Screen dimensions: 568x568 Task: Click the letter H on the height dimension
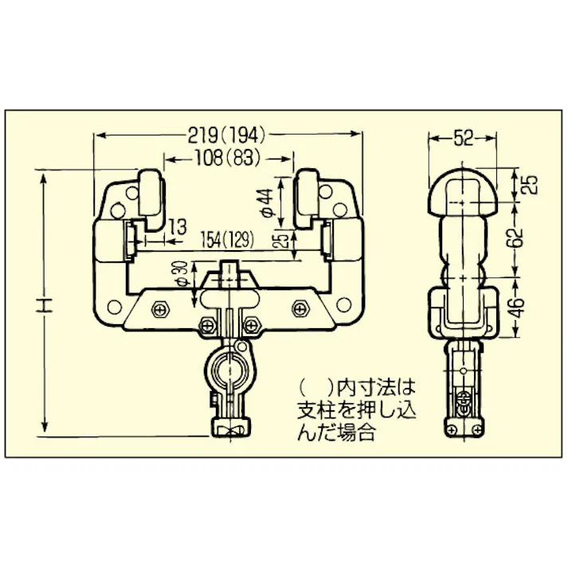tap(45, 304)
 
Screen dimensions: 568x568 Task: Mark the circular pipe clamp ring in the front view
tap(231, 369)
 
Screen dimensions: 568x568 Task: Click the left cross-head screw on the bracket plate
tap(162, 308)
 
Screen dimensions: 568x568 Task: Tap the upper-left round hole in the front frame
tap(119, 210)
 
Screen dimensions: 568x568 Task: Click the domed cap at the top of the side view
tap(463, 188)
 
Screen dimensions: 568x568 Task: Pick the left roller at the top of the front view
tap(150, 194)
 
